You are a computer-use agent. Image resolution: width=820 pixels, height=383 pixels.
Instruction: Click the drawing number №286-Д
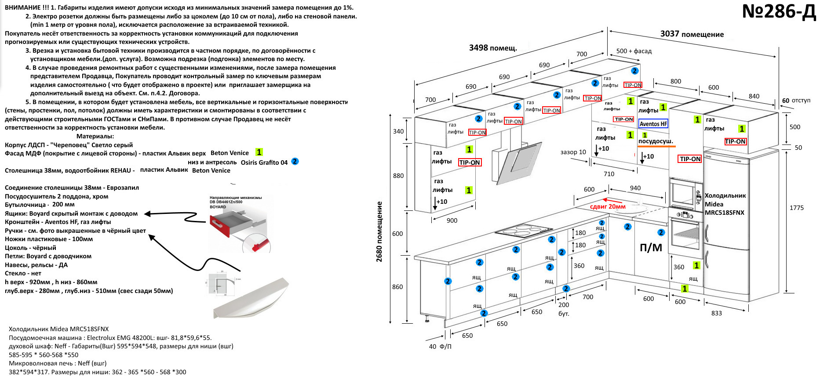tap(778, 12)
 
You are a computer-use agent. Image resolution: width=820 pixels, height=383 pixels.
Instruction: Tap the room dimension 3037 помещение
tap(692, 34)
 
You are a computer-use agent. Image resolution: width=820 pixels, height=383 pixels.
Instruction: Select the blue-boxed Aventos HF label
tap(653, 124)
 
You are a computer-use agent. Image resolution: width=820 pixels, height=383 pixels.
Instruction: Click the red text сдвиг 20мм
tap(608, 206)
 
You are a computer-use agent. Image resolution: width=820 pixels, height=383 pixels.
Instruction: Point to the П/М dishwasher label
tap(651, 248)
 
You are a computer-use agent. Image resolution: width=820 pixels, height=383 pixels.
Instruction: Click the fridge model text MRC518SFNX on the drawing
tap(724, 213)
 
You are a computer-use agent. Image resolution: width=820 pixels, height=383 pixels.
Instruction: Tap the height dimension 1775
tap(796, 208)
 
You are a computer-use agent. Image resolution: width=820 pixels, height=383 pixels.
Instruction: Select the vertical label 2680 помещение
tap(379, 231)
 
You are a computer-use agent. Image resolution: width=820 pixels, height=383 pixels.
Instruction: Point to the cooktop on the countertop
tap(523, 230)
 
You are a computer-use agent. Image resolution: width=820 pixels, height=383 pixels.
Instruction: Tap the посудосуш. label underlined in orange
tap(656, 141)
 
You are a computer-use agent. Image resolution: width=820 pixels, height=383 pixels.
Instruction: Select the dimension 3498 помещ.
tap(492, 47)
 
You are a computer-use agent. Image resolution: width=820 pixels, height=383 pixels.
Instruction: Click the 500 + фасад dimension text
tap(634, 51)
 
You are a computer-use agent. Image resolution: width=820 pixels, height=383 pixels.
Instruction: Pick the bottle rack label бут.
tap(564, 314)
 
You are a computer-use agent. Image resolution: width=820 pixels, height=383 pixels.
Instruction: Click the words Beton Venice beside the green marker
tap(230, 153)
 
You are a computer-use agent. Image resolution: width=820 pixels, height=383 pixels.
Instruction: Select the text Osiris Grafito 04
tap(264, 162)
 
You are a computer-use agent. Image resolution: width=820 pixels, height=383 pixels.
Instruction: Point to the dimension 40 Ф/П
tap(440, 346)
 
